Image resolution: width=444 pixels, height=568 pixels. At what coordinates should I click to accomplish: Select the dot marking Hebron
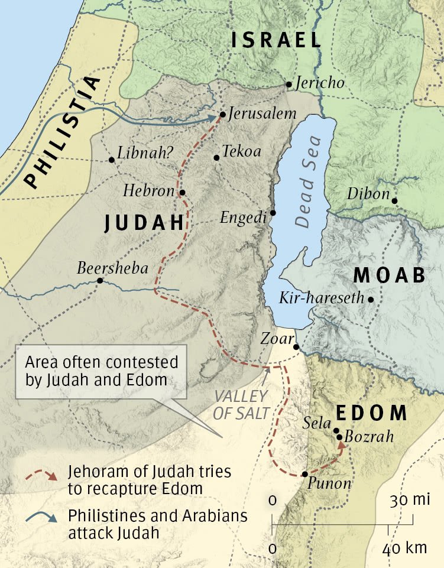pos(182,192)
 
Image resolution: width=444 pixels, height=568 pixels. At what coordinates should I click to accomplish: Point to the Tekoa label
pos(241,151)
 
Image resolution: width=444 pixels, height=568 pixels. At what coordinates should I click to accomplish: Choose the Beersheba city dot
pos(100,281)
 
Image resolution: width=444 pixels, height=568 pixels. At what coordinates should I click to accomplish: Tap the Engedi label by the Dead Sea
pos(243,218)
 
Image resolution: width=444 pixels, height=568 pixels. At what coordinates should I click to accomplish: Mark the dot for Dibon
pos(395,201)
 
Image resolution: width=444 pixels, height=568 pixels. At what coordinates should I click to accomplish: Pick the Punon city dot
pos(304,474)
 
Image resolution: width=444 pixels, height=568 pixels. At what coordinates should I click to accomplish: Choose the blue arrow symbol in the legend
pos(43,518)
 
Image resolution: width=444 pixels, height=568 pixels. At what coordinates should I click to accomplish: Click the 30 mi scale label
pos(409,501)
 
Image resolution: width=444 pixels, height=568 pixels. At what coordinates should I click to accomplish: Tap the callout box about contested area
pos(101,371)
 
